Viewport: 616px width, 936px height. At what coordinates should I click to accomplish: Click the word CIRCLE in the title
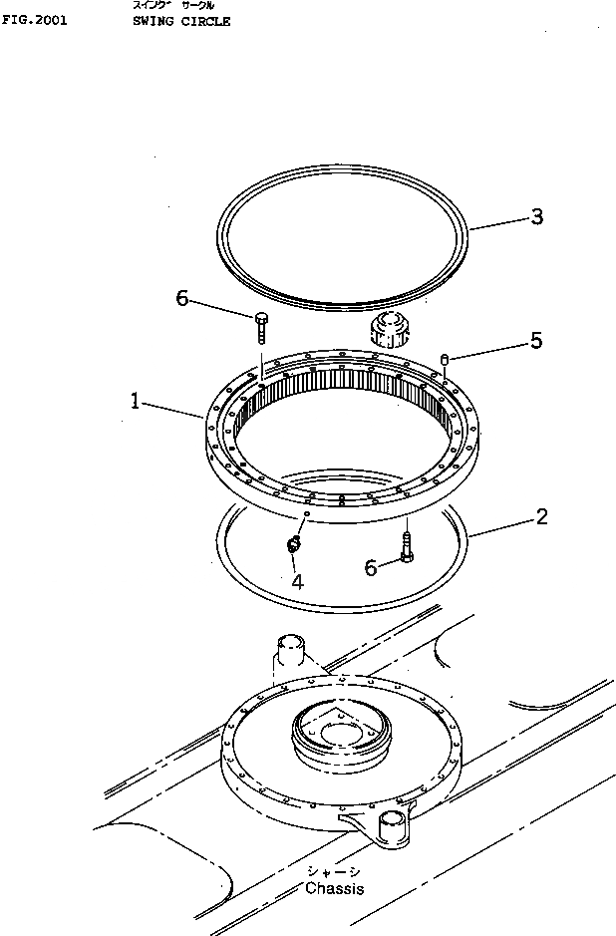(206, 20)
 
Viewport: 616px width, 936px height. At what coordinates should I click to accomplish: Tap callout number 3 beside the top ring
(536, 217)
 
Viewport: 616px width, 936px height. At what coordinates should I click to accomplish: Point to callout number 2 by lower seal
(541, 516)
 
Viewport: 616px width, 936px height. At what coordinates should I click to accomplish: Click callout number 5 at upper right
(535, 341)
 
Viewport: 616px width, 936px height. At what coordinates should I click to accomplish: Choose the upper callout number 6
(182, 298)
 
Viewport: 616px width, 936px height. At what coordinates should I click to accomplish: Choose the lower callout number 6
(371, 567)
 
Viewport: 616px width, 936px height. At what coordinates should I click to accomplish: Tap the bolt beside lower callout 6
(407, 546)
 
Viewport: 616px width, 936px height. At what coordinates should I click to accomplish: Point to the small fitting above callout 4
(293, 543)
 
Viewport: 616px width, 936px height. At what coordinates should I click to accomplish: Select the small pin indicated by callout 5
(445, 359)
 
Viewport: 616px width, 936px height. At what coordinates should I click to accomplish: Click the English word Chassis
(334, 888)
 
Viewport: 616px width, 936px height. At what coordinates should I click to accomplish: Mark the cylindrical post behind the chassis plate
(290, 652)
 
